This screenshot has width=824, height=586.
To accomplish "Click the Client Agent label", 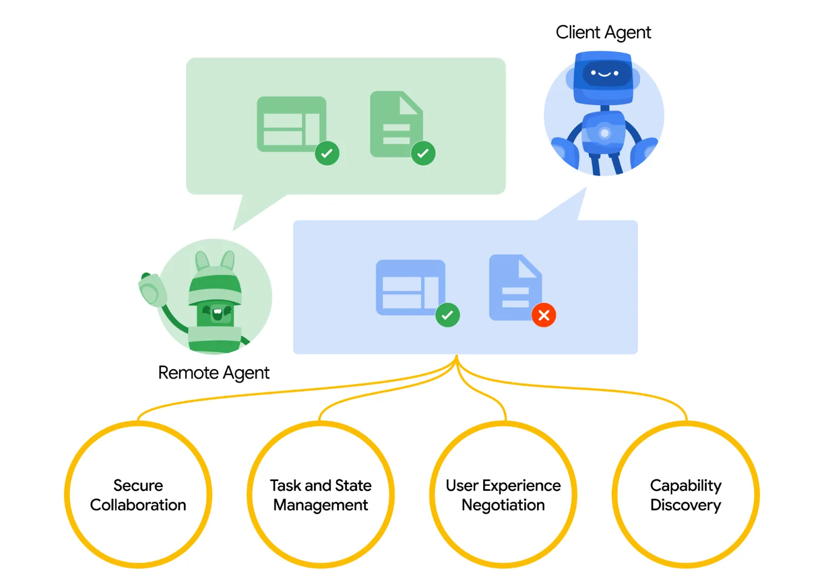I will tap(603, 32).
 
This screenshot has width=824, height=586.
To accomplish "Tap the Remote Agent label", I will tap(213, 372).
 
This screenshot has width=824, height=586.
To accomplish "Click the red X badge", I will tap(543, 315).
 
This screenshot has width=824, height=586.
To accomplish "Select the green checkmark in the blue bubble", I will tap(447, 315).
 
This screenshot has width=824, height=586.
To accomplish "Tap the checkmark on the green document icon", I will tap(423, 153).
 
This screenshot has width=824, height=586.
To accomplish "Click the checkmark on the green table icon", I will tap(327, 153).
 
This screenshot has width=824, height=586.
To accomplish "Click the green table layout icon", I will tap(291, 124).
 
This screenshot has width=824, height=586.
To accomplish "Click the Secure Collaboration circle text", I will tap(138, 495).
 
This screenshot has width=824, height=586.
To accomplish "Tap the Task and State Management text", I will tap(320, 495).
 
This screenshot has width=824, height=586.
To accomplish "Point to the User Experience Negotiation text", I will tap(503, 495).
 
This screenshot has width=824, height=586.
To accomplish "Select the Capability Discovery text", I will tap(685, 495).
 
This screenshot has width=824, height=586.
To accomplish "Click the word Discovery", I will tap(685, 505).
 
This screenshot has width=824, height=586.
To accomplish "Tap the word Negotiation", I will tap(503, 505).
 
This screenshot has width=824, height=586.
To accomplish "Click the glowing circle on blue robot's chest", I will tap(605, 133).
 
